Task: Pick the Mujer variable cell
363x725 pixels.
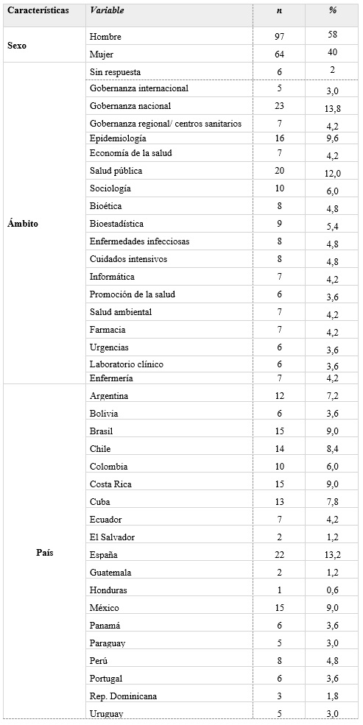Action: tap(100, 54)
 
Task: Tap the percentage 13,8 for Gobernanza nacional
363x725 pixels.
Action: tap(333, 107)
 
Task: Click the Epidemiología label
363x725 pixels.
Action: tap(117, 138)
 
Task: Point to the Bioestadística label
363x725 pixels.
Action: tap(116, 224)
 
